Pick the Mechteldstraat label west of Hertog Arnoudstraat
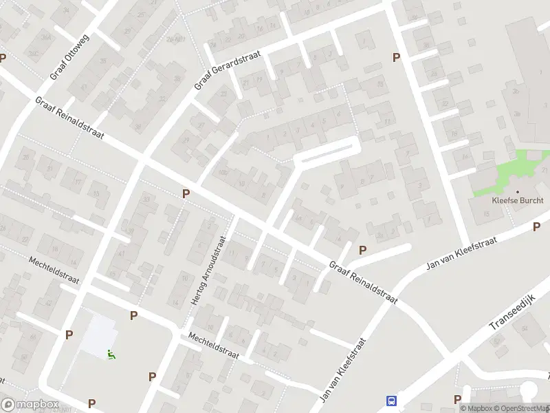click(x=56, y=272)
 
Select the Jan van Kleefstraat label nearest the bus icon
click(x=342, y=370)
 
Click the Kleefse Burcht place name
click(x=517, y=202)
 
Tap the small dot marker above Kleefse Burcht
click(x=517, y=192)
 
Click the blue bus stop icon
click(x=392, y=401)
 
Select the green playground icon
click(x=111, y=355)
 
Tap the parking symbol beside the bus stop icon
click(x=457, y=399)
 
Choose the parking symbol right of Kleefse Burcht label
click(x=536, y=226)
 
